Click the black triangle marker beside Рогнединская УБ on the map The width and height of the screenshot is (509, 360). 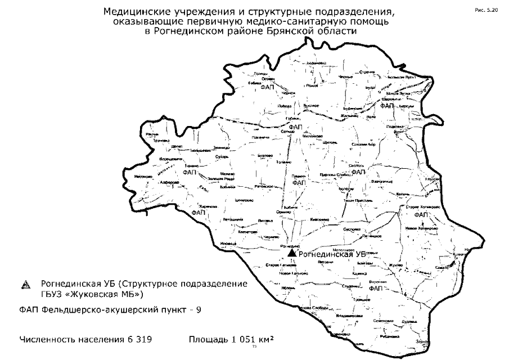(x=291, y=255)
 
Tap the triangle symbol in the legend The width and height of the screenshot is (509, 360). (x=25, y=285)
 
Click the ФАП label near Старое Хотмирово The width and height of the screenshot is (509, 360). (x=420, y=215)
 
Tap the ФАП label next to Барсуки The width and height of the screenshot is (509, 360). (x=386, y=106)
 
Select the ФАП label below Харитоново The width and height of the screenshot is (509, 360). (x=199, y=214)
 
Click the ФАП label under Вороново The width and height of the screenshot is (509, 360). (x=376, y=288)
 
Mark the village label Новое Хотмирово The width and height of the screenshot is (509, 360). (x=420, y=228)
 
